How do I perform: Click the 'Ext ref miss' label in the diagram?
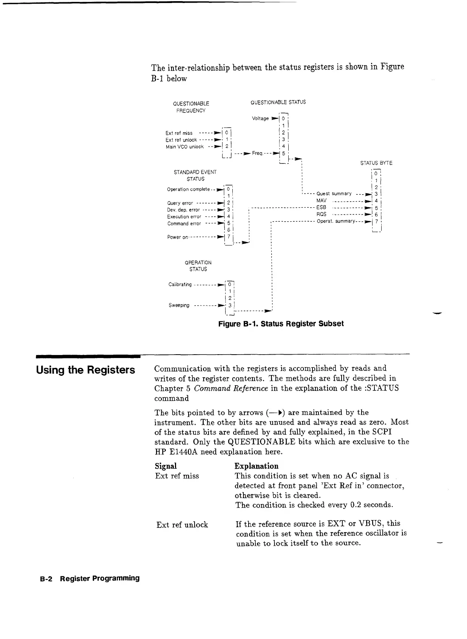179,133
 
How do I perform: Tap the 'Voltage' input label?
260,118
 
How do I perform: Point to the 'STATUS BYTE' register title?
376,163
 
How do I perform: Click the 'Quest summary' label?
334,194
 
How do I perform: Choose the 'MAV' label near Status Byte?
321,201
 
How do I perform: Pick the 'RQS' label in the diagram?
322,214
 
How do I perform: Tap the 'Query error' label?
180,203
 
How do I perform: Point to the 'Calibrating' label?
180,284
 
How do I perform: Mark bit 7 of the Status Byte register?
376,221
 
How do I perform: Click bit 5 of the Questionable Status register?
283,153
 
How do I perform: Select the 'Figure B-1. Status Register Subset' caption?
281,324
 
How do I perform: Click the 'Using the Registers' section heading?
85,370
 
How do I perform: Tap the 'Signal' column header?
166,466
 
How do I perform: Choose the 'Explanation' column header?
256,466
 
